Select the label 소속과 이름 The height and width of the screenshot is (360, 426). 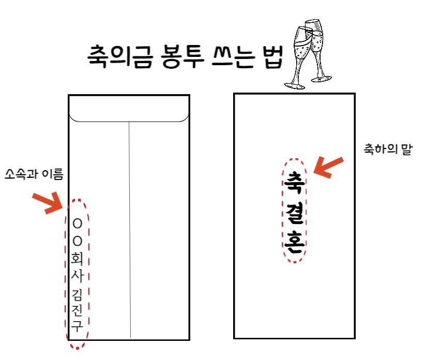click(x=33, y=174)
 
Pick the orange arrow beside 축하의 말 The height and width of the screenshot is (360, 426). click(x=328, y=167)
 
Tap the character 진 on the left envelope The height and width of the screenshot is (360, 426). click(x=78, y=311)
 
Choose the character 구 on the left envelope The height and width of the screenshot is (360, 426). click(x=78, y=326)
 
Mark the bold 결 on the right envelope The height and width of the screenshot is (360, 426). click(x=294, y=213)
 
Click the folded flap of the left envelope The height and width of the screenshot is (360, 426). click(x=129, y=109)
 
